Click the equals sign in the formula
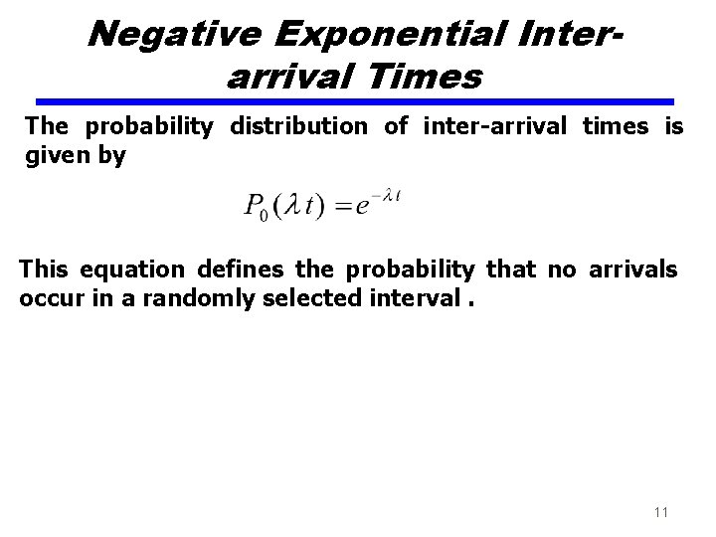(x=343, y=207)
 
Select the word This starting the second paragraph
(x=46, y=269)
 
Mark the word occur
(x=51, y=298)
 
